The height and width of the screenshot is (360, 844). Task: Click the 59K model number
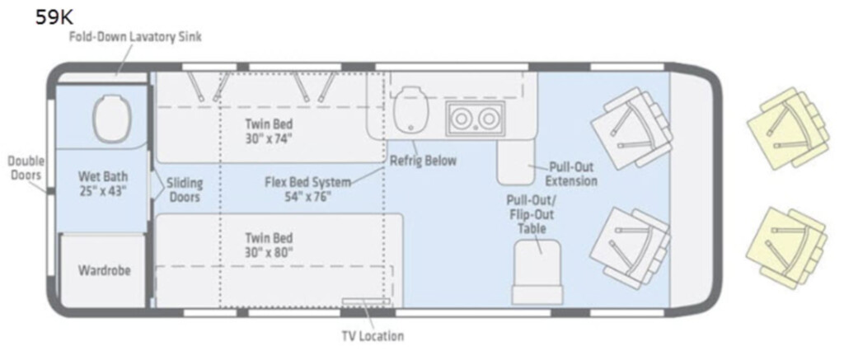coord(54,17)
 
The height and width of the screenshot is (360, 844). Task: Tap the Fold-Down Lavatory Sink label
coord(134,37)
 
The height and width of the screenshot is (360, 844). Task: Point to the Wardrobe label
coord(105,270)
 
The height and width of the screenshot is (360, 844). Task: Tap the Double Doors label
coord(26,168)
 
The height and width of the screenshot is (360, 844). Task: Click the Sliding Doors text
coord(185,190)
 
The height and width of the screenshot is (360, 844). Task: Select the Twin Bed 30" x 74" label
coord(269,131)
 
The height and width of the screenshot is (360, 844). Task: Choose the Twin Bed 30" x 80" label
coord(269,245)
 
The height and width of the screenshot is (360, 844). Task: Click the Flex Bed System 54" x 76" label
coord(307,189)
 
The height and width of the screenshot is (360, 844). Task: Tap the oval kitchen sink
coord(412,111)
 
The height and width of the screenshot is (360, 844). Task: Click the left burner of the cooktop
coord(459,119)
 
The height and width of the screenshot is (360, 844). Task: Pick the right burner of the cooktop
coord(487,119)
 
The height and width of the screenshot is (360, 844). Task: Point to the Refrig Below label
coord(423,161)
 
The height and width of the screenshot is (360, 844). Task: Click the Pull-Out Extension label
coord(572,174)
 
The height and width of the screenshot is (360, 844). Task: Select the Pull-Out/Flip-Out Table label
coord(532,214)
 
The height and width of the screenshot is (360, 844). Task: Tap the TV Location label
coord(373,337)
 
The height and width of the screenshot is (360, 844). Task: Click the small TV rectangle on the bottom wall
coord(365,302)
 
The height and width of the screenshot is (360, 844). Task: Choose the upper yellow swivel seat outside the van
coord(787,128)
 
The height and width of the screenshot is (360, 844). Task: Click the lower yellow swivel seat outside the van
coord(786,247)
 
